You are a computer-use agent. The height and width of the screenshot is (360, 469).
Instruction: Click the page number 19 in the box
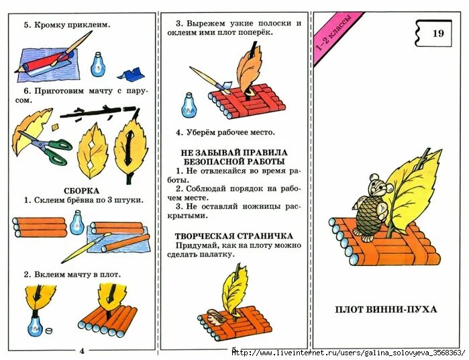(437, 34)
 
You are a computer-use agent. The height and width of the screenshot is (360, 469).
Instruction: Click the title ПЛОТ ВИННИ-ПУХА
(386, 309)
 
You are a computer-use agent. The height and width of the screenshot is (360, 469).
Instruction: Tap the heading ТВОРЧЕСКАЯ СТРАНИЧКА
(233, 236)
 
